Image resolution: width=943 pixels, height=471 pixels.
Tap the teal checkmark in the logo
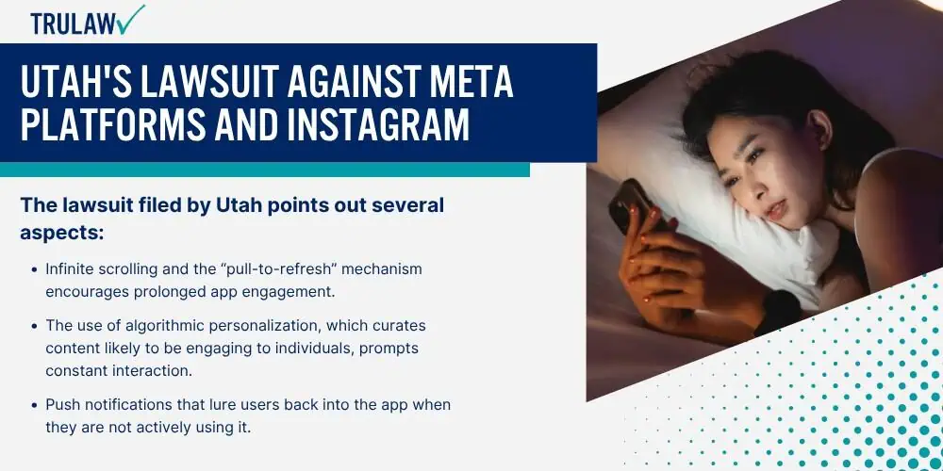pyautogui.click(x=131, y=19)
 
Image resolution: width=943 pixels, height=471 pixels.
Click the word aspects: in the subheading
pyautogui.click(x=62, y=234)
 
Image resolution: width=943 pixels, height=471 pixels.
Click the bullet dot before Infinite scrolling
pyautogui.click(x=34, y=269)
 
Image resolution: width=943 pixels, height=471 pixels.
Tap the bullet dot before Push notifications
pyautogui.click(x=34, y=405)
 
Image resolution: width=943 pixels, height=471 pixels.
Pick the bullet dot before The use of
pyautogui.click(x=34, y=326)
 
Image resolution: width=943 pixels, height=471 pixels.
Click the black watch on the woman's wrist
pyautogui.click(x=780, y=313)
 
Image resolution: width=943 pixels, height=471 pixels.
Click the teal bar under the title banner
pyautogui.click(x=265, y=170)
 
